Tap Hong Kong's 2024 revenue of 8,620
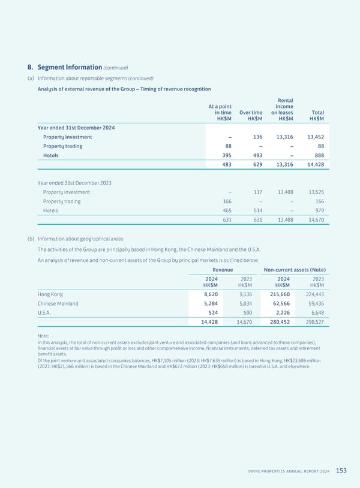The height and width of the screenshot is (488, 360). (211, 294)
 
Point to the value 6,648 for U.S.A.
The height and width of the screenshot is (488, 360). (316, 312)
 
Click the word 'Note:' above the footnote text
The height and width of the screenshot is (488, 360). (44, 336)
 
